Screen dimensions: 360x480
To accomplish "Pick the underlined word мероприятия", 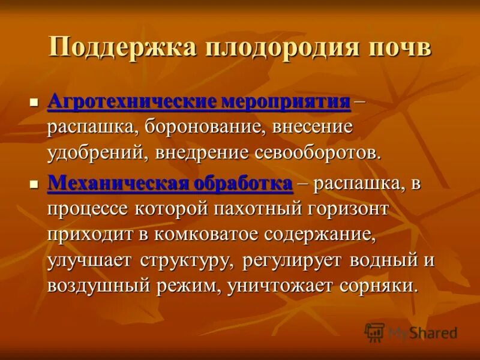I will click(x=286, y=100).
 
